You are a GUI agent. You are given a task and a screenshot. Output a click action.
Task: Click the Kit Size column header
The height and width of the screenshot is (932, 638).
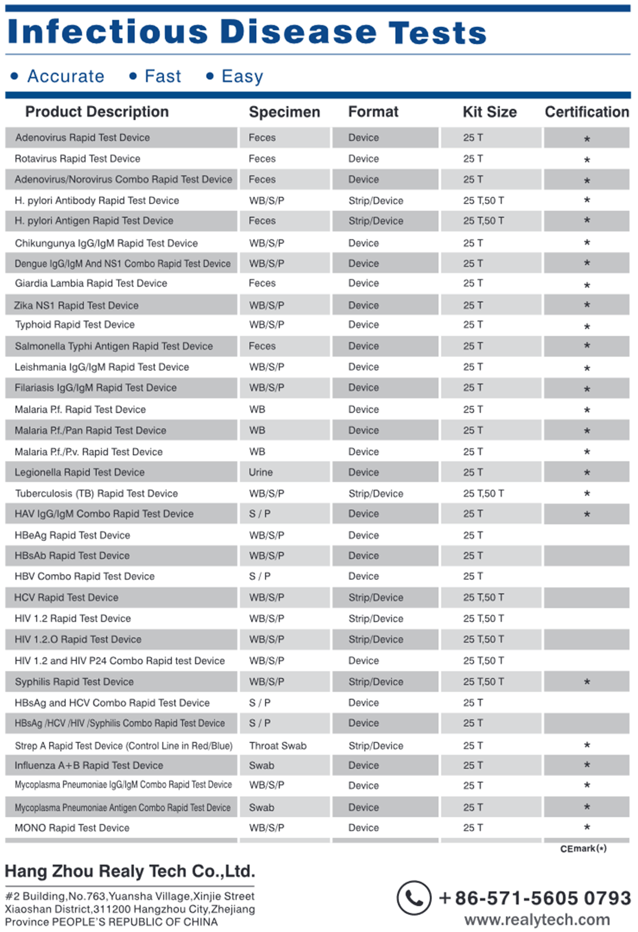pos(489,112)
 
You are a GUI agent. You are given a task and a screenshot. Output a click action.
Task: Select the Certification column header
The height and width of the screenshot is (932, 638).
pos(586,112)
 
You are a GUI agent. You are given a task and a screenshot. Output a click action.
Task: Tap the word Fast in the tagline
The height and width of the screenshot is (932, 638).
pos(163,77)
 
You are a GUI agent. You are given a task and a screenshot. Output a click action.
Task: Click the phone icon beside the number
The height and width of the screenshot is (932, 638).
pos(414,898)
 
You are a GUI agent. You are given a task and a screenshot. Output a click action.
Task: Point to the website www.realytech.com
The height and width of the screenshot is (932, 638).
pos(537,920)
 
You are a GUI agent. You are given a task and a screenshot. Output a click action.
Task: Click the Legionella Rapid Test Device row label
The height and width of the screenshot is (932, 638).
pos(80,472)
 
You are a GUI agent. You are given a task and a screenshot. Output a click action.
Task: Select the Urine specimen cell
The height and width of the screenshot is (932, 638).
pos(261,472)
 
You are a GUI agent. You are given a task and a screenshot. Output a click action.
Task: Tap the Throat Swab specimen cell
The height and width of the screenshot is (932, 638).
pos(278,746)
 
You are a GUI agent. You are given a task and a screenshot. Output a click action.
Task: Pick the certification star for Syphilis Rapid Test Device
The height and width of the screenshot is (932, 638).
pos(587,681)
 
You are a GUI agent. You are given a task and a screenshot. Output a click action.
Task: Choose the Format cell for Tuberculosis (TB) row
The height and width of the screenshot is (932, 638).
pos(376,494)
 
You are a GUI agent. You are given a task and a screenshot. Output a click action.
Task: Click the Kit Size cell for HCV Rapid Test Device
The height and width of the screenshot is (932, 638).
pos(483,597)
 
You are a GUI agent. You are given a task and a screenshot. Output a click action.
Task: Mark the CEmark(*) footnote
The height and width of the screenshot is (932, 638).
pos(583,848)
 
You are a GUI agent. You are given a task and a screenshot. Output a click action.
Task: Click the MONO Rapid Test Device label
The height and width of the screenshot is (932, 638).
pos(72,828)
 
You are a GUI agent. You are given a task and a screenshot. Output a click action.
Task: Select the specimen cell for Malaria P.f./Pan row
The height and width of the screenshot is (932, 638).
pos(257,430)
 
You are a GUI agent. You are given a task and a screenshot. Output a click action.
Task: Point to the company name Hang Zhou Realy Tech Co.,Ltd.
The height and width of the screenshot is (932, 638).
pos(130,871)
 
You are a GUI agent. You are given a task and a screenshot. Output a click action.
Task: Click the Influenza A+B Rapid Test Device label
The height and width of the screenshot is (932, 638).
pos(89,765)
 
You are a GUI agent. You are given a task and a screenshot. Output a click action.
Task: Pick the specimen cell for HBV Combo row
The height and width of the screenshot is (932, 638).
pos(260,576)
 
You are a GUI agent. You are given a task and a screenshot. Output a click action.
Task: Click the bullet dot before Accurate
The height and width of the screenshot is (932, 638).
pos(15,77)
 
